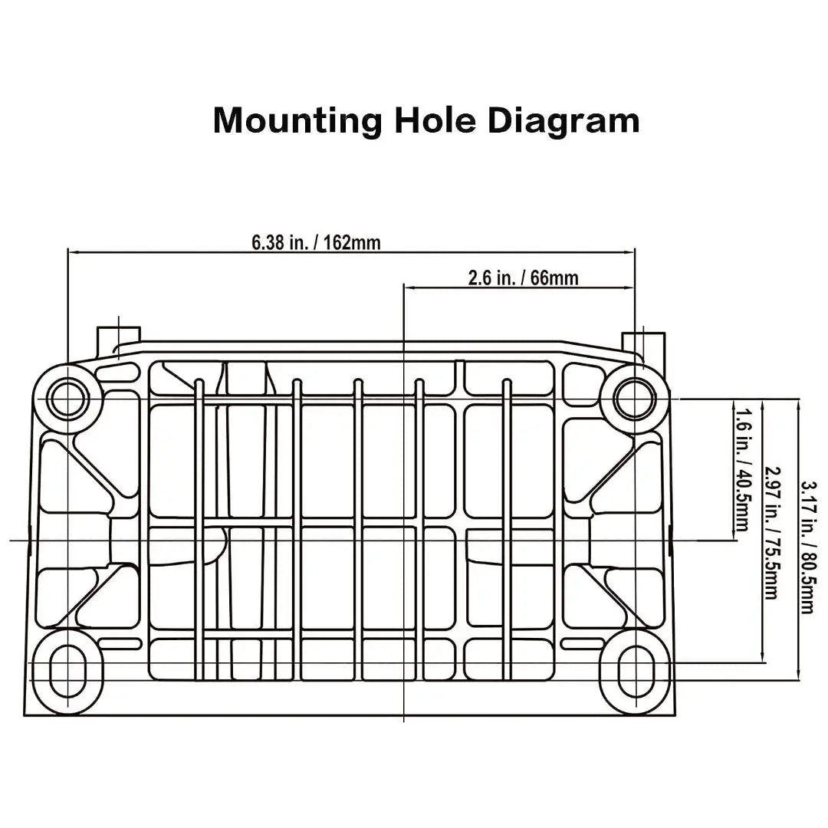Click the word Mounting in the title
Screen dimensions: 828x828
297,121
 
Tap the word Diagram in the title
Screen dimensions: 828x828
563,121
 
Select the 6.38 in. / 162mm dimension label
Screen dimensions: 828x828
316,242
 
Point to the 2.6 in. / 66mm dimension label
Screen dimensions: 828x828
524,278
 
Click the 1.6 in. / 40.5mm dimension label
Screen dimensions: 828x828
742,469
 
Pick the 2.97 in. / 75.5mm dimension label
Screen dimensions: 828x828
772,532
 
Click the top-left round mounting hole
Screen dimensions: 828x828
67,398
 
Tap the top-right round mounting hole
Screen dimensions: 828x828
636,398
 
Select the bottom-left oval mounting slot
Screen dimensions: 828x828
67,671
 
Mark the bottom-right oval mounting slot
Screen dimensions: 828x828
636,671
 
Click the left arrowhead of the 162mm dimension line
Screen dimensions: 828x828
74,252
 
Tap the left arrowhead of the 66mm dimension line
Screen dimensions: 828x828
409,287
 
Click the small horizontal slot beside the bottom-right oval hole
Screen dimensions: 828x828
583,644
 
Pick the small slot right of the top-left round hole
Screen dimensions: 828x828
118,373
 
